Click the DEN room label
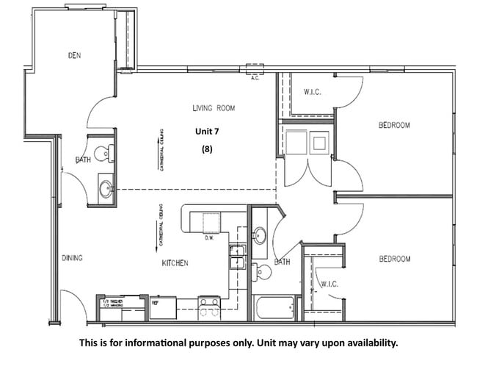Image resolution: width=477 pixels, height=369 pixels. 74,55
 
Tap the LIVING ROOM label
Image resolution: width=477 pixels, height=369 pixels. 213,108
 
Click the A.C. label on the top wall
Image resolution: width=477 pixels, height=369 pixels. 255,78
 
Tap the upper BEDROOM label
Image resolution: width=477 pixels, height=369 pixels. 393,125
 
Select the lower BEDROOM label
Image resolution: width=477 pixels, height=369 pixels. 393,259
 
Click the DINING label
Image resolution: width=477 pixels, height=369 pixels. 72,258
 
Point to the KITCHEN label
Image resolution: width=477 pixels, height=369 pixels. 175,262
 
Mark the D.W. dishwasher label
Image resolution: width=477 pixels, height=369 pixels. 209,237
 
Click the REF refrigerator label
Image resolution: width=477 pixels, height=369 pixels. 155,301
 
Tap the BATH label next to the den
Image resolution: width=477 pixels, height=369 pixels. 83,160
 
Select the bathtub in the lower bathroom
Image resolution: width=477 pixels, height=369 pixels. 274,307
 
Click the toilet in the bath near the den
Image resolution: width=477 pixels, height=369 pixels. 107,153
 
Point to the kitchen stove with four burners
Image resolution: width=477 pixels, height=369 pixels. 209,304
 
